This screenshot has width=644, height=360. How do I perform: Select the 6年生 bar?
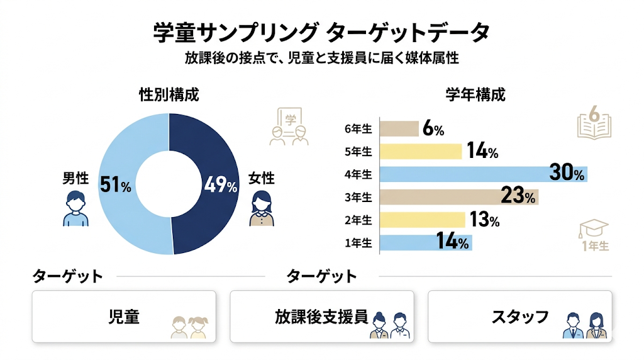coord(400,129)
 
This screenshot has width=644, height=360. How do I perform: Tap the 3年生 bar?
coord(459,197)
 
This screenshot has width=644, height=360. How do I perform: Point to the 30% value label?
coord(567,174)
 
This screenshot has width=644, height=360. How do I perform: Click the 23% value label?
coord(518,197)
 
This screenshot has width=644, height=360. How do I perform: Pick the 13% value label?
coord(483,220)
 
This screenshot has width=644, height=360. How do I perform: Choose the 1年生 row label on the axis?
coord(358,243)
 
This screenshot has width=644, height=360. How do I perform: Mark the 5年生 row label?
coord(358,152)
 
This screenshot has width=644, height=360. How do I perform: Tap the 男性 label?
coord(75,179)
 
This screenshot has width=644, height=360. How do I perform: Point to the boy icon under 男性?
coord(76,209)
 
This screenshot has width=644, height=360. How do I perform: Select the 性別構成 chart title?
coord(169,96)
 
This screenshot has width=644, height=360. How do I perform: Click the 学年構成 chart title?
coord(475,96)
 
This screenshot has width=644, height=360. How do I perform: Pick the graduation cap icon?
coord(594,229)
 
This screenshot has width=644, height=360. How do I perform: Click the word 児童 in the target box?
coord(124,317)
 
